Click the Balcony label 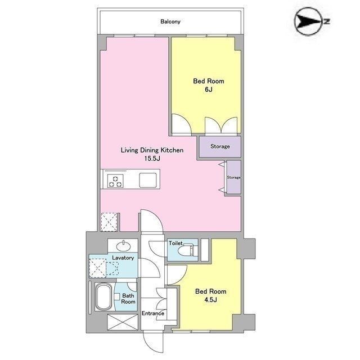(170, 21)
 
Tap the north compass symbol (311, 21)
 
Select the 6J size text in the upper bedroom (209, 89)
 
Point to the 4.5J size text (210, 300)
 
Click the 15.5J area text (152, 159)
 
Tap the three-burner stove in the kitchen (115, 181)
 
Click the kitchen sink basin (148, 180)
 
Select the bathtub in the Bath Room (103, 297)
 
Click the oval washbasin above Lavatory (123, 246)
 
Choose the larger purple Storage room (220, 146)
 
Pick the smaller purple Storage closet (234, 177)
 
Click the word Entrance (153, 313)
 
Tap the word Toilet (175, 243)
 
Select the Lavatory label (123, 258)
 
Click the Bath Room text (128, 299)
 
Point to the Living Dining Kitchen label (152, 150)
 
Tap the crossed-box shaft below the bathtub (123, 322)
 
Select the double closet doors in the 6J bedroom (221, 125)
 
